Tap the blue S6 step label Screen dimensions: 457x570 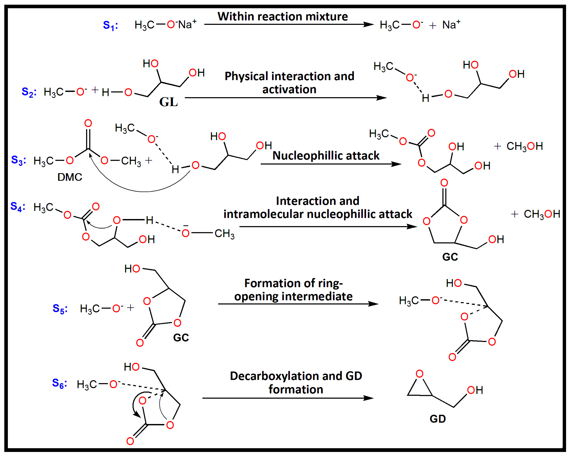click(59, 383)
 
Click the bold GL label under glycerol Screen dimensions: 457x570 click(168, 102)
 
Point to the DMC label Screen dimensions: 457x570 click(70, 177)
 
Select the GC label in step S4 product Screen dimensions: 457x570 click(450, 257)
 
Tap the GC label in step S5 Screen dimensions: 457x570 click(181, 338)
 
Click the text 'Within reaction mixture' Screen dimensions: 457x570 click(283, 17)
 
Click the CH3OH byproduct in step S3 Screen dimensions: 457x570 click(525, 146)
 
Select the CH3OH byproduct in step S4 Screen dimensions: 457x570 click(542, 214)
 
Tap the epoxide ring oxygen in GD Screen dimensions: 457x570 click(420, 374)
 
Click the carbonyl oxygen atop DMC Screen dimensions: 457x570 click(88, 123)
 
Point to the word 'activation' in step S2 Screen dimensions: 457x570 click(289, 90)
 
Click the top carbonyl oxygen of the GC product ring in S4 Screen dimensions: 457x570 click(444, 183)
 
